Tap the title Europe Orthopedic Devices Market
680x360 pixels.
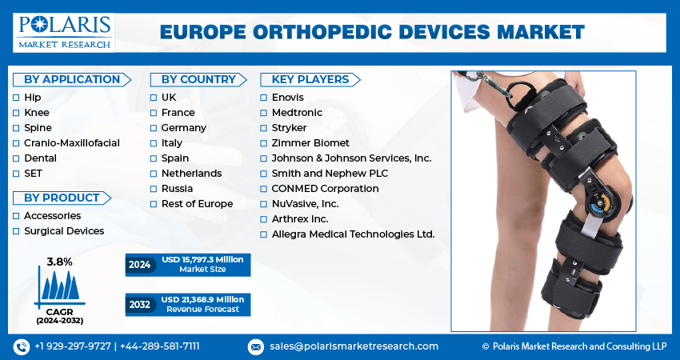[x=372, y=32]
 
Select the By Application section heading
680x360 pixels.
[x=72, y=79]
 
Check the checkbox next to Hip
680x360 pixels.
[x=16, y=98]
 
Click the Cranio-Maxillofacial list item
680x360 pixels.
[x=72, y=143]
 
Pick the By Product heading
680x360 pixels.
[x=62, y=198]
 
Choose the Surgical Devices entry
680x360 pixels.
[x=64, y=231]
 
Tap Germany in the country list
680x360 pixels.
[x=183, y=128]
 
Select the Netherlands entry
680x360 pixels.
[x=191, y=174]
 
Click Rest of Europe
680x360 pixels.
[x=197, y=204]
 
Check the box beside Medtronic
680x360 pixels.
[x=264, y=113]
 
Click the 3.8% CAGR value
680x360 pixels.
[x=59, y=262]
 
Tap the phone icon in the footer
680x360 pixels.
[x=22, y=346]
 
